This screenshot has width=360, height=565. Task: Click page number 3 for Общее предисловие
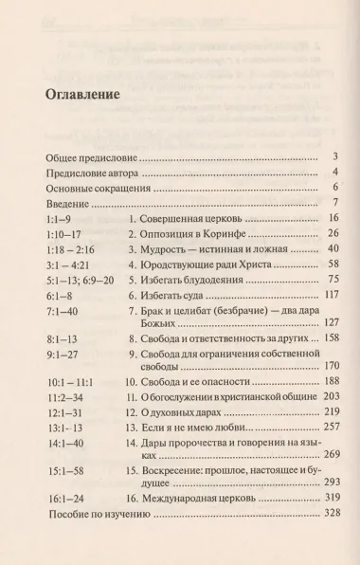336,155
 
